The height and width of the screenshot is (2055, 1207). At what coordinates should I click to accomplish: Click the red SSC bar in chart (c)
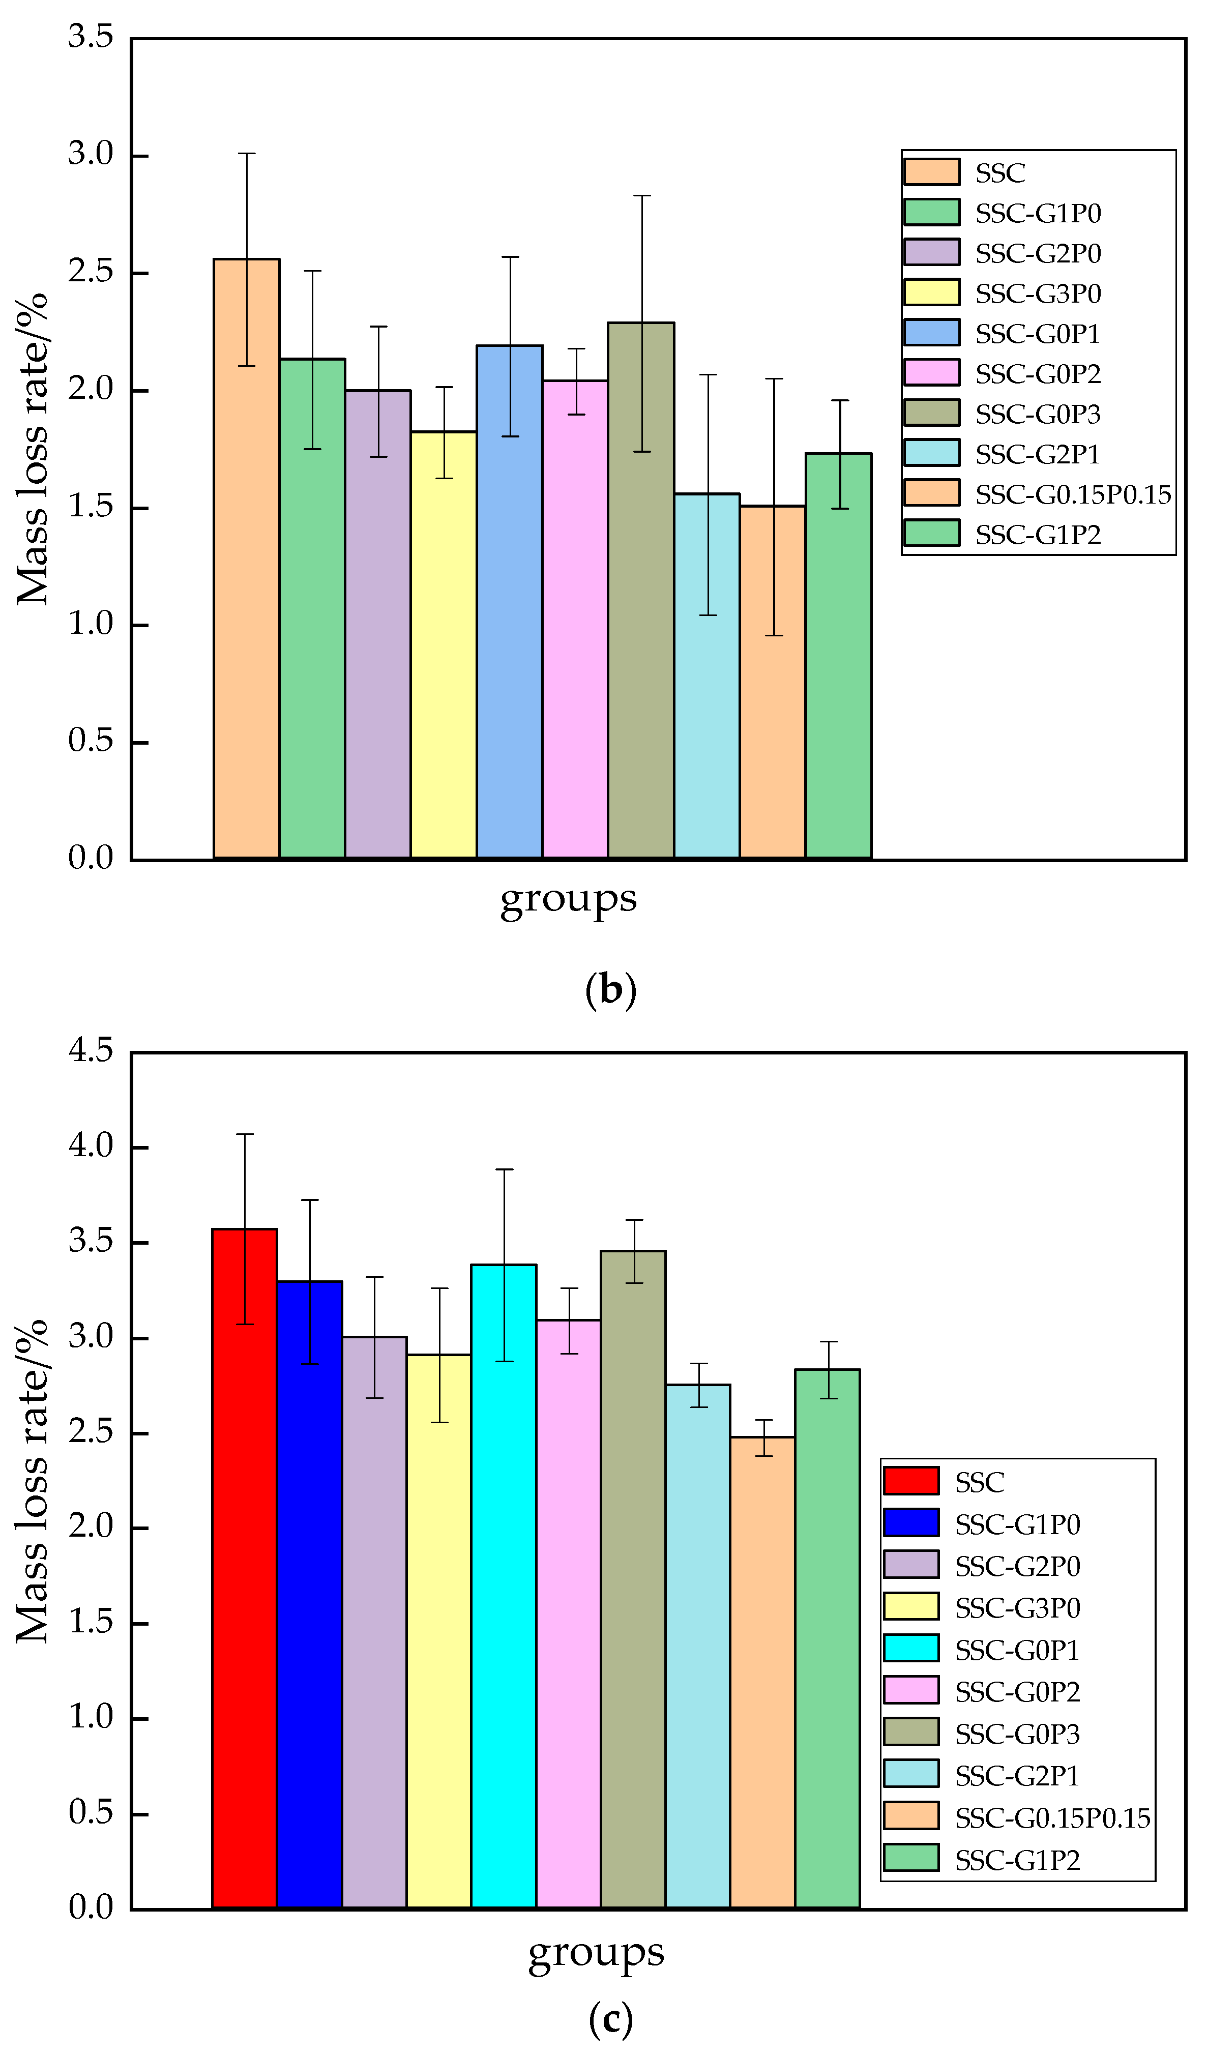click(244, 1566)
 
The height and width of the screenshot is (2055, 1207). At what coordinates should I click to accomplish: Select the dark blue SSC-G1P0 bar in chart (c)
click(309, 1590)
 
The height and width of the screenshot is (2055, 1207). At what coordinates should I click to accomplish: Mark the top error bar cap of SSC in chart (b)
click(246, 153)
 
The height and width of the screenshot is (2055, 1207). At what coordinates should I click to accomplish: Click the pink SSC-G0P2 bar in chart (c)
click(569, 1614)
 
